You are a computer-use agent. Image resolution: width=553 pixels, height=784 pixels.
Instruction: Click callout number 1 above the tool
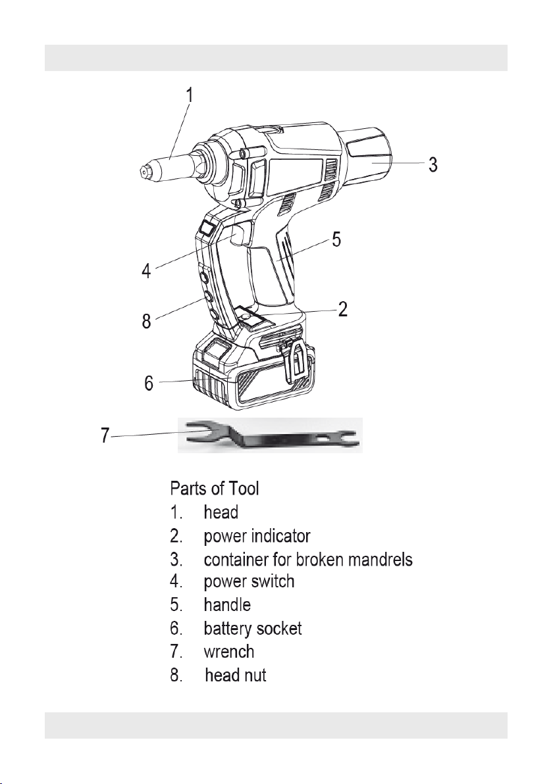point(190,95)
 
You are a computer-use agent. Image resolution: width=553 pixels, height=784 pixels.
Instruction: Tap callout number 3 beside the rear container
point(433,164)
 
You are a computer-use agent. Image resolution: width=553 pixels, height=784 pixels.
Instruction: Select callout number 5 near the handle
point(337,239)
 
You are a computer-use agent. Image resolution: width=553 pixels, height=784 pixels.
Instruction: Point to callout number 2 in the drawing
point(343,309)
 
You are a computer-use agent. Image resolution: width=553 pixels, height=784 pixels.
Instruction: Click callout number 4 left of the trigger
point(146,270)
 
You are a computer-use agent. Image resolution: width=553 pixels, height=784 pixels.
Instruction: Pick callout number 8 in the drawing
point(146,320)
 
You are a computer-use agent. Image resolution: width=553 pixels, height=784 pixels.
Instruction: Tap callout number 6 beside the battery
point(149,383)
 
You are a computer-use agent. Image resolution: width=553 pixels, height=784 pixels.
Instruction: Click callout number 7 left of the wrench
point(105,435)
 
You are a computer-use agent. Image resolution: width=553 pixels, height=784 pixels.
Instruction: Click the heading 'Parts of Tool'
point(215,487)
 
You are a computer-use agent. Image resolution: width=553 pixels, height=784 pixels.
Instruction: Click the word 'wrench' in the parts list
point(228,652)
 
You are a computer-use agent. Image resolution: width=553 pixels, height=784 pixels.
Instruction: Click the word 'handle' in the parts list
point(227,605)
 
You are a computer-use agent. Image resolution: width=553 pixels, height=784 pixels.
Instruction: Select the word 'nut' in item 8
point(255,675)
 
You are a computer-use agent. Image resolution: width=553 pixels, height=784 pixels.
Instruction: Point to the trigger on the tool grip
point(241,235)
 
